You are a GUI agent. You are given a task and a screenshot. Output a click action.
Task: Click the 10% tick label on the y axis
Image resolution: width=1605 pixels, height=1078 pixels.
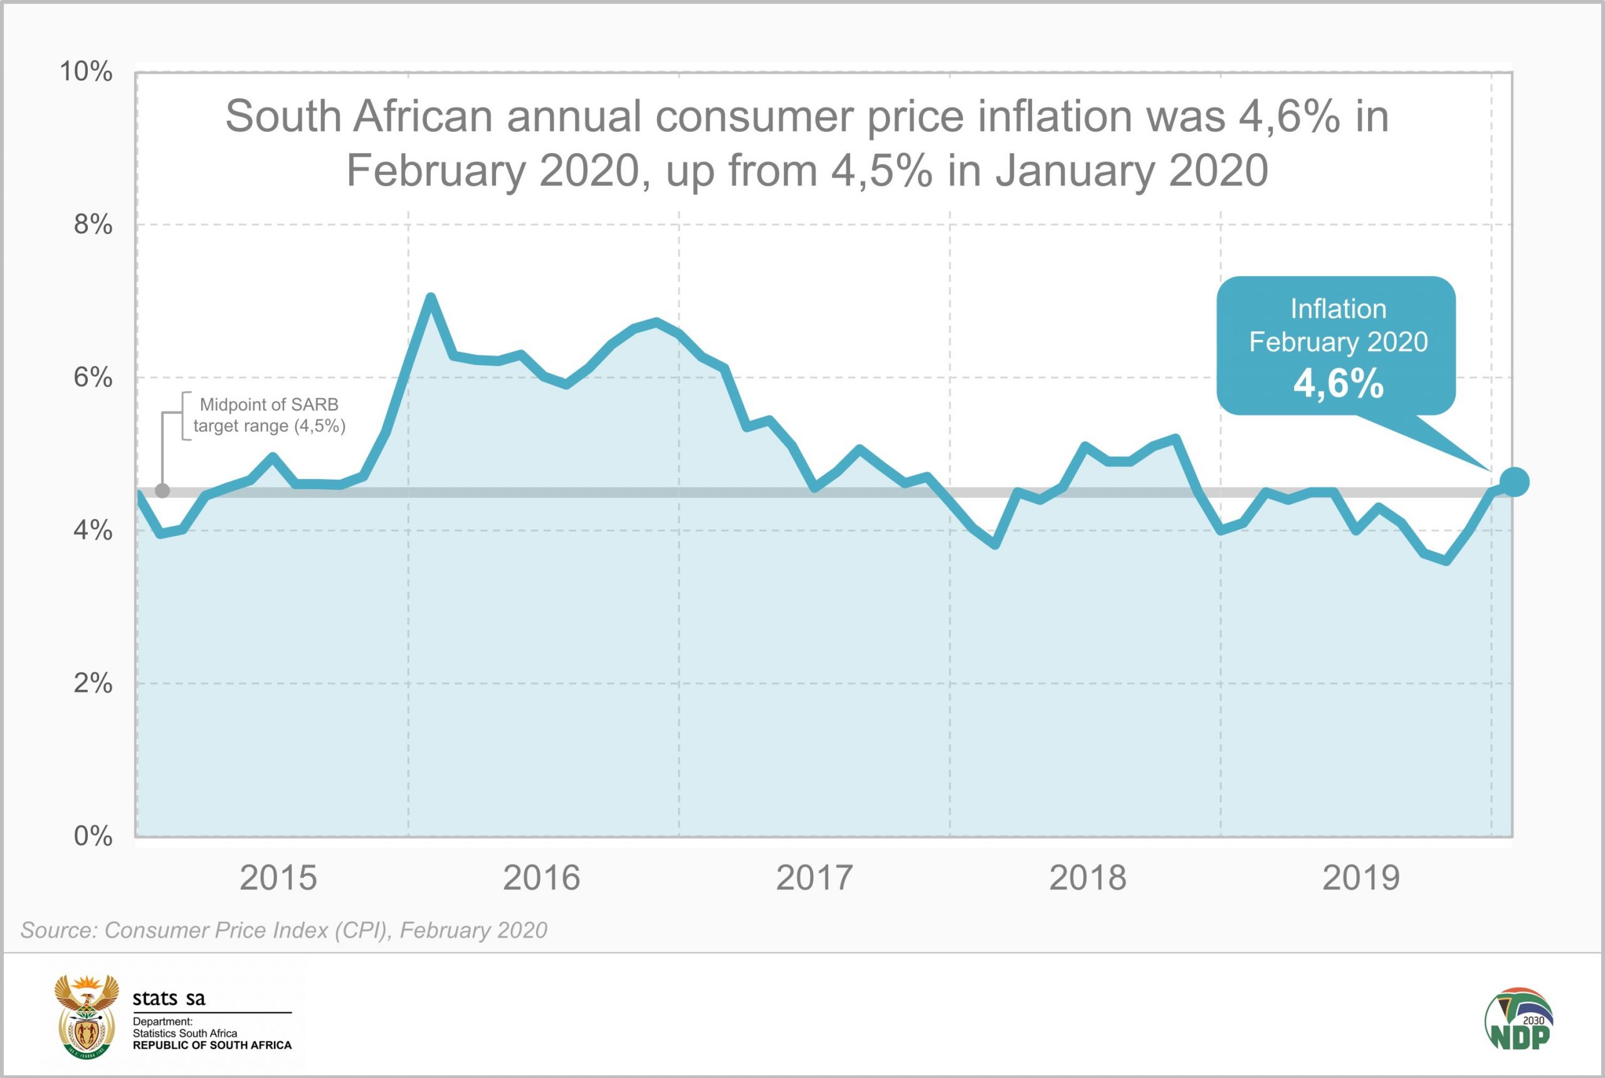coord(86,71)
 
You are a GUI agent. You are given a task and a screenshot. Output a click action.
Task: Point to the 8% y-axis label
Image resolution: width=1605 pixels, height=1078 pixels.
coord(93,224)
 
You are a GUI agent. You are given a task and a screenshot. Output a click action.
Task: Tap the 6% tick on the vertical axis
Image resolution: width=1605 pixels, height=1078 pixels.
coord(93,378)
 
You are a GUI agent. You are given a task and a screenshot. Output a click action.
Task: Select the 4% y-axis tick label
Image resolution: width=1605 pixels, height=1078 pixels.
coord(93,530)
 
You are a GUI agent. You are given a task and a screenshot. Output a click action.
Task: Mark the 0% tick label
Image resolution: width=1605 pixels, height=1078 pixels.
coord(93,836)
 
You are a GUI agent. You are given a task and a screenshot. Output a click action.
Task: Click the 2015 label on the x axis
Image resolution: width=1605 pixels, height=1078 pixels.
coord(278,879)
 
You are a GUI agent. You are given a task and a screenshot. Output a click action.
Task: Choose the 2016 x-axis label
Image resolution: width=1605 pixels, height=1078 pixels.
coord(541,879)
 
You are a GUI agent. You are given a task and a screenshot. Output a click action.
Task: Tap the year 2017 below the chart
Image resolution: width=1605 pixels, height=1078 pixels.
coord(814,879)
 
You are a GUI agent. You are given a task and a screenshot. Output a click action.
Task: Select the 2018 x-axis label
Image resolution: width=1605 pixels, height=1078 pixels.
coord(1087,879)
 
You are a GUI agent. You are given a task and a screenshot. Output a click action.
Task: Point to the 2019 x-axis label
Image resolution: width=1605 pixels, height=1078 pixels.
coord(1360,879)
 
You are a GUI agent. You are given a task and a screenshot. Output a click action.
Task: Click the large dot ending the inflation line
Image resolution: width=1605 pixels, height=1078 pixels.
coord(1514,482)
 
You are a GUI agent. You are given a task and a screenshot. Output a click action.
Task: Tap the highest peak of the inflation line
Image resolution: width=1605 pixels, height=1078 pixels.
coord(430,298)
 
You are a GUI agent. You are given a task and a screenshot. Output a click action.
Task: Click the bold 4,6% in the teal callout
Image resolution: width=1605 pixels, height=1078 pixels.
coord(1338,383)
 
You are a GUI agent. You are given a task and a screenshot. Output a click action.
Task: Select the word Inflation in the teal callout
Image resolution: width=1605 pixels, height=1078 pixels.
coord(1338,309)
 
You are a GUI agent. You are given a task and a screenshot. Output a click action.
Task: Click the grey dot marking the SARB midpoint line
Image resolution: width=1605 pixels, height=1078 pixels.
coord(162,491)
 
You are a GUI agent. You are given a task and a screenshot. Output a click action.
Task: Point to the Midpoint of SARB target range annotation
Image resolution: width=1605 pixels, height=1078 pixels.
coord(269,415)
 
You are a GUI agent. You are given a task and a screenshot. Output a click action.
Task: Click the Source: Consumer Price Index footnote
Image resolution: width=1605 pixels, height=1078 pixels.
coord(284,930)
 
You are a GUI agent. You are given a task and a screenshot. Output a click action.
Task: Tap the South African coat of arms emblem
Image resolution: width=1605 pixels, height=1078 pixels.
coord(86,1016)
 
